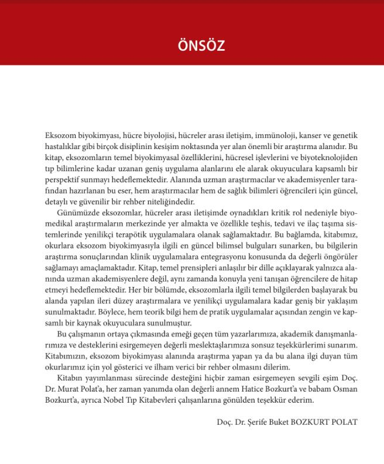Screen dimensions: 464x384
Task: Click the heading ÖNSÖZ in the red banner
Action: (192, 46)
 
